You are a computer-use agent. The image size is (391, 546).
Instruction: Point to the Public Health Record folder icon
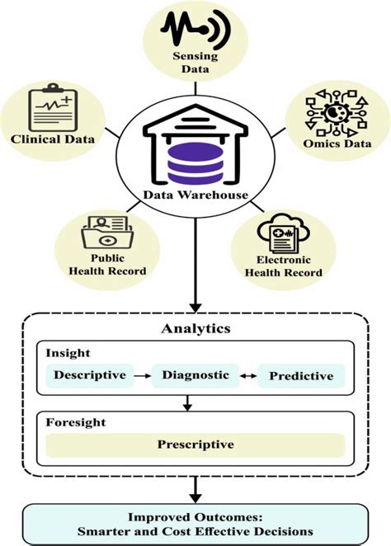point(105,233)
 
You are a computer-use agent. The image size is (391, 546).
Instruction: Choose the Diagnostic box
point(195,375)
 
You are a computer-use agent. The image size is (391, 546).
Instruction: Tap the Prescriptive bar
point(195,445)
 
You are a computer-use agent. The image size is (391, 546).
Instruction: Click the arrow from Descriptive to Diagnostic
point(144,375)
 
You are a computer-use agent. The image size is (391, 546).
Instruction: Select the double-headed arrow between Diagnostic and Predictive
point(248,375)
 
